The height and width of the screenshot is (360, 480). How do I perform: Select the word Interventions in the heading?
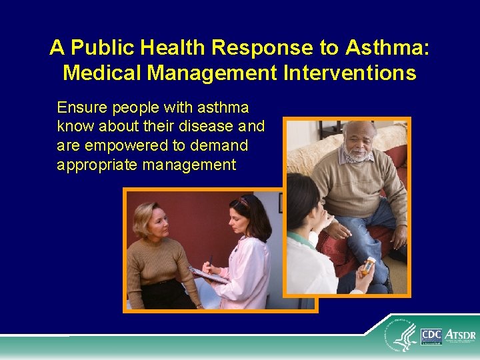click(x=351, y=72)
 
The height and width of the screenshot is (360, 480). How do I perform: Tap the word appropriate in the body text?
click(x=97, y=165)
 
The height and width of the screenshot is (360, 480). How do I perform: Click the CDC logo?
click(x=431, y=336)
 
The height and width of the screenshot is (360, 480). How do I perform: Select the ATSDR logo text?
click(x=460, y=334)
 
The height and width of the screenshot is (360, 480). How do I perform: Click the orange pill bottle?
click(x=367, y=267)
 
